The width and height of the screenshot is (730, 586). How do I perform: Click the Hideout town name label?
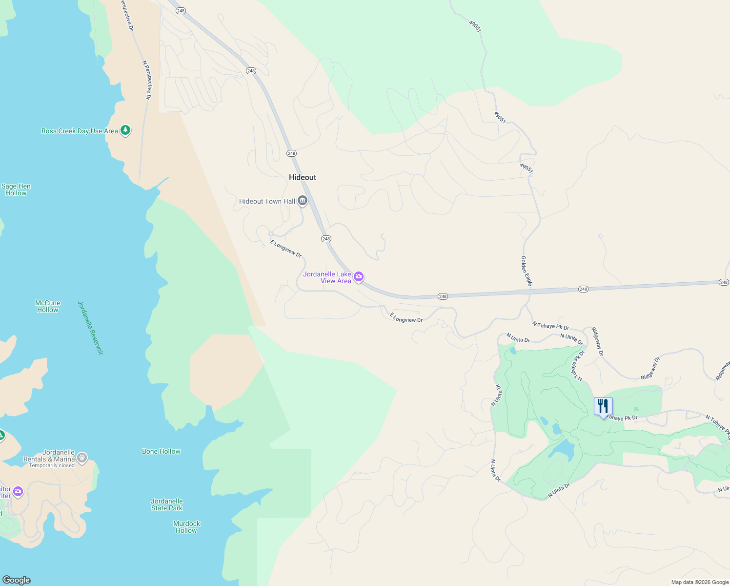pos(303,177)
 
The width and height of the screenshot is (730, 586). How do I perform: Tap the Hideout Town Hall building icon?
pos(303,201)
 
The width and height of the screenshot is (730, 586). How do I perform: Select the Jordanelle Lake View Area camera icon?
pos(359,277)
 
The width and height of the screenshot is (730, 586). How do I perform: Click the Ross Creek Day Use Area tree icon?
pos(125,130)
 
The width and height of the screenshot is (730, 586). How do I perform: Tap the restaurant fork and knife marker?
pos(603,406)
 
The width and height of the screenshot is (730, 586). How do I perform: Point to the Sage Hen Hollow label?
pos(16,189)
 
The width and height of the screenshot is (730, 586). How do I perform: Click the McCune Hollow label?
pos(48,306)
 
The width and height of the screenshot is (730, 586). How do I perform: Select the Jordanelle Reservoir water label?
pos(91,328)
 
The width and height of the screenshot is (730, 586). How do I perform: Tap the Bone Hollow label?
pos(161,451)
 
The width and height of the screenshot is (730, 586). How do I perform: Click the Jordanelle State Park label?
pos(167,504)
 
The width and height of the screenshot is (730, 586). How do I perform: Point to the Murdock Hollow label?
pos(187,527)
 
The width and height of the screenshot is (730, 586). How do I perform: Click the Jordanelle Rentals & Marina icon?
pos(82,458)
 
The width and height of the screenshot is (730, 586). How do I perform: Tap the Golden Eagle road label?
pos(527,271)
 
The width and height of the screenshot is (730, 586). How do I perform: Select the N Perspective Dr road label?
pos(146,80)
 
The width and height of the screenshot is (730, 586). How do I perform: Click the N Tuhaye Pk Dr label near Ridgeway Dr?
pos(550,325)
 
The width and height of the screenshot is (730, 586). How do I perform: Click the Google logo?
pos(17,580)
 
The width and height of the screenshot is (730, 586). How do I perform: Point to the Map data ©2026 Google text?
pos(700,582)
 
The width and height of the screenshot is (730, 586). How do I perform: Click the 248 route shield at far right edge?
pos(724,282)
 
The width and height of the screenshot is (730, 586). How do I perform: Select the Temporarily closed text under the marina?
pos(52,465)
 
